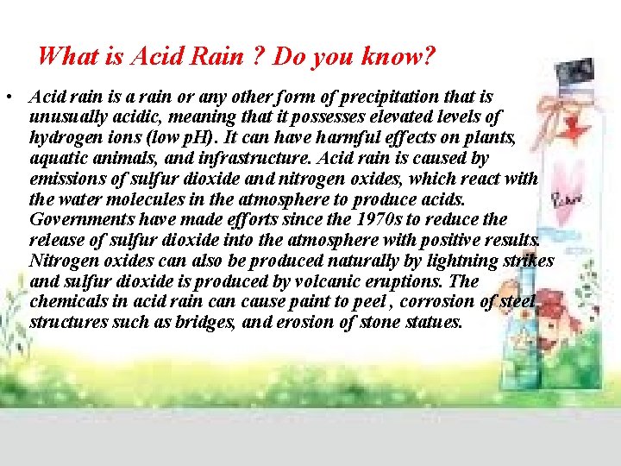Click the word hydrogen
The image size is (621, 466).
point(64,137)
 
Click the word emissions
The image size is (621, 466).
point(66,179)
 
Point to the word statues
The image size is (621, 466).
point(433,323)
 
